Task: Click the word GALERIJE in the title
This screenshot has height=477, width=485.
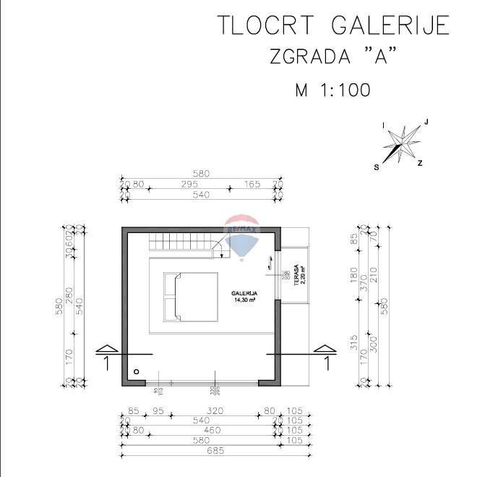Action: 390,25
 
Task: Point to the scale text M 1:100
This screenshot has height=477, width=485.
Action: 332,90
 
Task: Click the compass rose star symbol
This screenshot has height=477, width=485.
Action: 402,142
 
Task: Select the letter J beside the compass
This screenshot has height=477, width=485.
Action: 426,122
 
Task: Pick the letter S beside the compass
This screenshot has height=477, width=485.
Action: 376,166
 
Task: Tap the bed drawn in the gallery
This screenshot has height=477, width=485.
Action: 191,297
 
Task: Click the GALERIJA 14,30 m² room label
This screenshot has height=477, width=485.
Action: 245,296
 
